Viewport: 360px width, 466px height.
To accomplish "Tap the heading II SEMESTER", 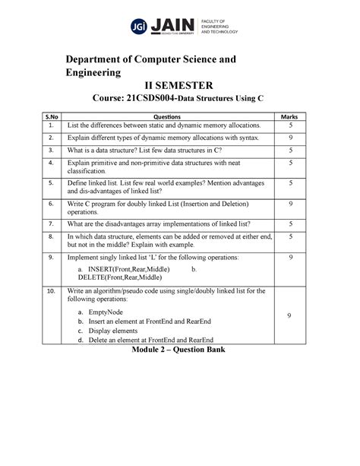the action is click(180, 86).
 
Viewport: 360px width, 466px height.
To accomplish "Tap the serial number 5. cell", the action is click(50, 182).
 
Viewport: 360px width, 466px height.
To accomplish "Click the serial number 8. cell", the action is click(50, 237).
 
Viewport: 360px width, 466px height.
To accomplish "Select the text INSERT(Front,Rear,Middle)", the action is click(128, 269).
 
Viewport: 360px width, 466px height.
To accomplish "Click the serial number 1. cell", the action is click(50, 124).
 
